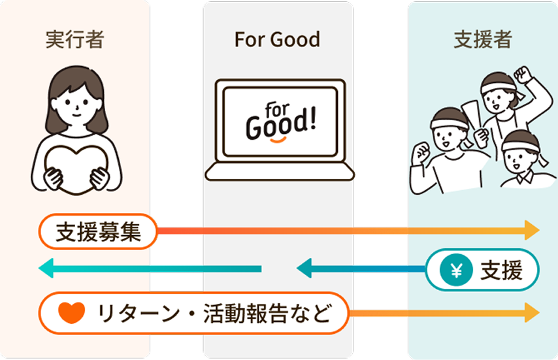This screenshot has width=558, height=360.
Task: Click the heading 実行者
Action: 75,40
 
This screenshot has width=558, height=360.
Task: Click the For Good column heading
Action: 277,40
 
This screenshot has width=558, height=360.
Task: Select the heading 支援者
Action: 482,40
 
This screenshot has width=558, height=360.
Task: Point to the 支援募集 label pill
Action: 98,231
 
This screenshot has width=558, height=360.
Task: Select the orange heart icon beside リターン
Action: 71,312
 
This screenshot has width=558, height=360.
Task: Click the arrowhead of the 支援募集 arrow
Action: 532,230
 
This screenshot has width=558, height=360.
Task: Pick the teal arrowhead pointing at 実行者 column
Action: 46,269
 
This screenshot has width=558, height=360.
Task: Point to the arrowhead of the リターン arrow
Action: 532,312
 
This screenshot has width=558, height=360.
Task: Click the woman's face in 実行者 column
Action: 77,98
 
